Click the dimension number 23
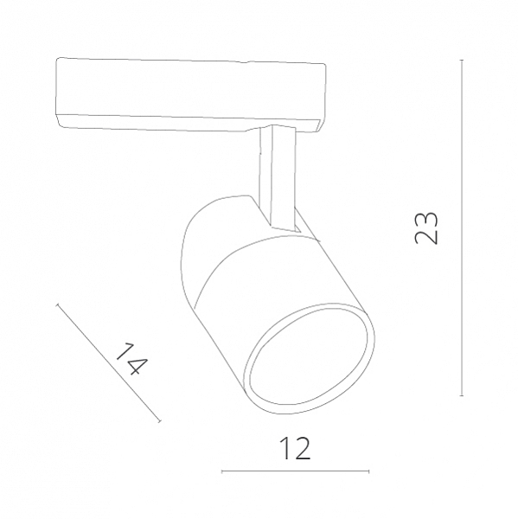pos(426,228)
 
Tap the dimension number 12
pos(295,448)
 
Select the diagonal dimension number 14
pos(131,359)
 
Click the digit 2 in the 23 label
pos(426,236)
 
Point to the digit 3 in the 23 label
pos(426,219)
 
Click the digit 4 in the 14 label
pos(137,365)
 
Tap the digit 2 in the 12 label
pos(301,448)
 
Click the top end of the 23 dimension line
pos(462,61)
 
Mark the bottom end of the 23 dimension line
pos(462,395)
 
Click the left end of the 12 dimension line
pos(222,471)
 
